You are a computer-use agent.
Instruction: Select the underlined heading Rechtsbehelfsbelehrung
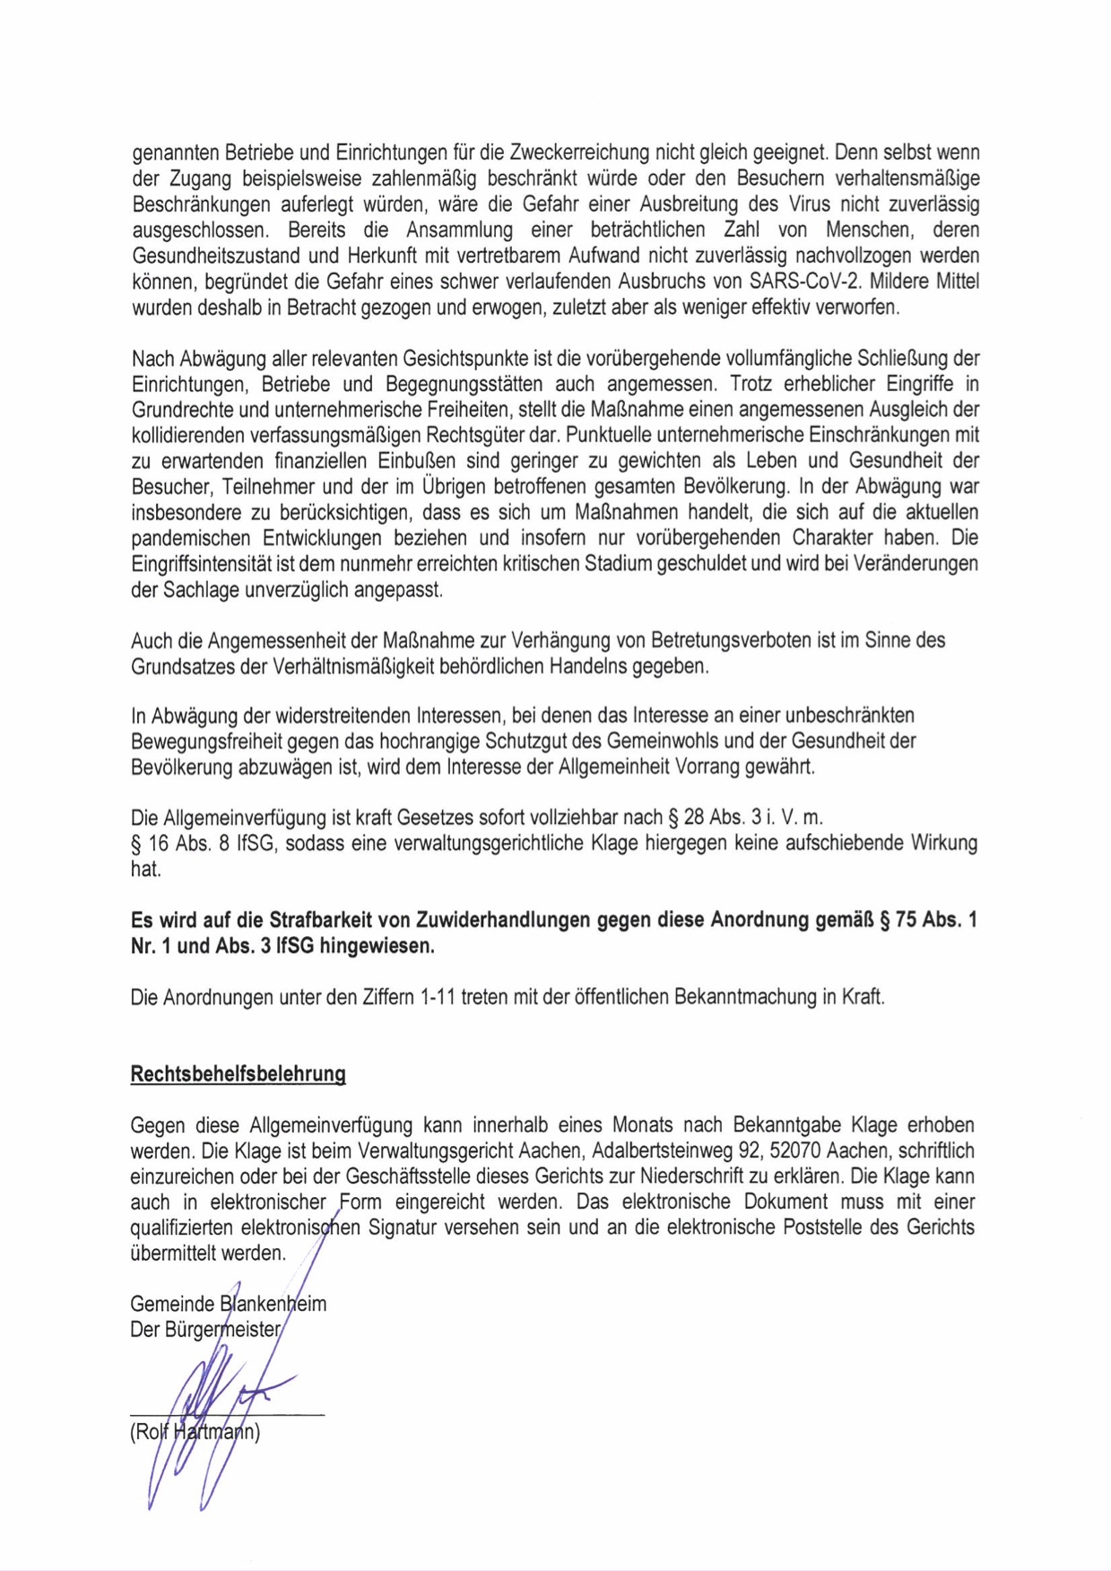238,1074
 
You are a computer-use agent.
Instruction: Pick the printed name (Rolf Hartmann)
195,1432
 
